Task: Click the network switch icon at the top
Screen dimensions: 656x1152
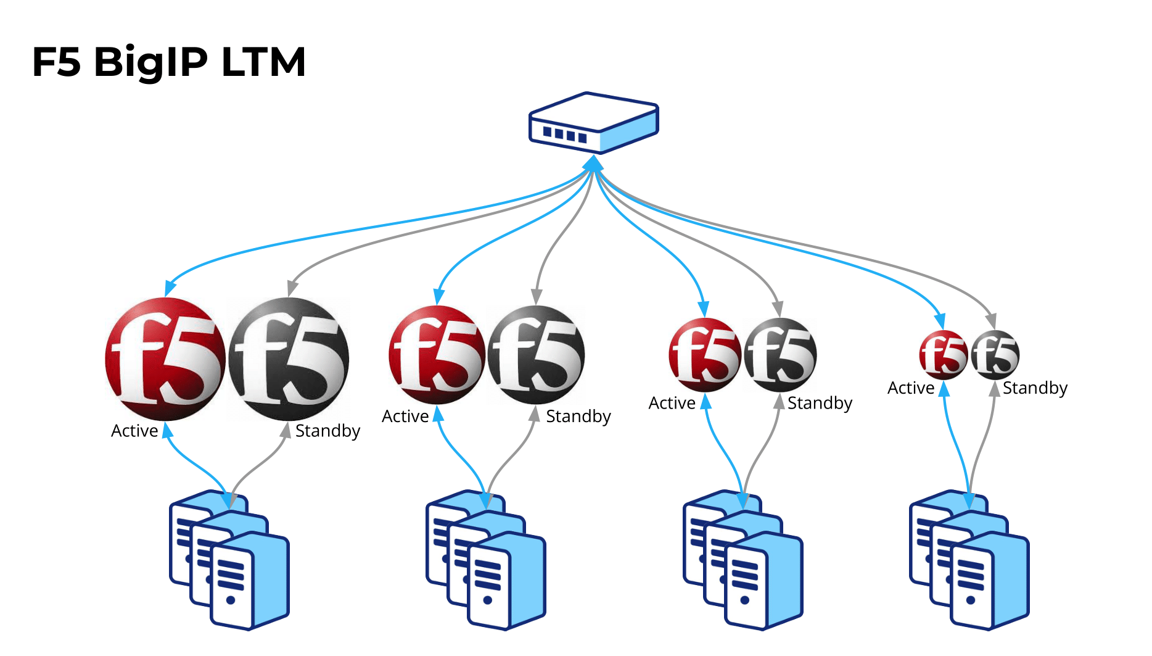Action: click(594, 123)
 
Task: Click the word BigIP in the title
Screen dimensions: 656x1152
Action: click(150, 62)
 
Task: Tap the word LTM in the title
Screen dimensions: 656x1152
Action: click(263, 62)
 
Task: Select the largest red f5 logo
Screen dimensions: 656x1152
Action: click(165, 359)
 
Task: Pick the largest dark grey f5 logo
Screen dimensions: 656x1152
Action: click(289, 359)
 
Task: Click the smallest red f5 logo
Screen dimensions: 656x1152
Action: click(943, 355)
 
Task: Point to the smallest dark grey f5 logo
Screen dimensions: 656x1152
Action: click(995, 355)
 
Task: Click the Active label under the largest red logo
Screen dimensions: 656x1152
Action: click(134, 431)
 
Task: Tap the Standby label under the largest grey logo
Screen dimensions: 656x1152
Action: click(327, 431)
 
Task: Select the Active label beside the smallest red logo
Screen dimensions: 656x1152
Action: click(911, 388)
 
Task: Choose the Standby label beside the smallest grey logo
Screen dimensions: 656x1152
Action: click(1035, 388)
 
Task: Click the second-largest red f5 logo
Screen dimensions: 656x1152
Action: click(437, 355)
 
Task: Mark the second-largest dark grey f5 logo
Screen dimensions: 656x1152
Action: click(536, 355)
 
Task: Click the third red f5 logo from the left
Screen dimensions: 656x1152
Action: click(705, 355)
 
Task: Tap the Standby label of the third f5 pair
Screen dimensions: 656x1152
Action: click(820, 403)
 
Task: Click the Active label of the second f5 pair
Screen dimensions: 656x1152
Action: click(405, 417)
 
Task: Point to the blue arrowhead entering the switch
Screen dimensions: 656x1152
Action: click(593, 163)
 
